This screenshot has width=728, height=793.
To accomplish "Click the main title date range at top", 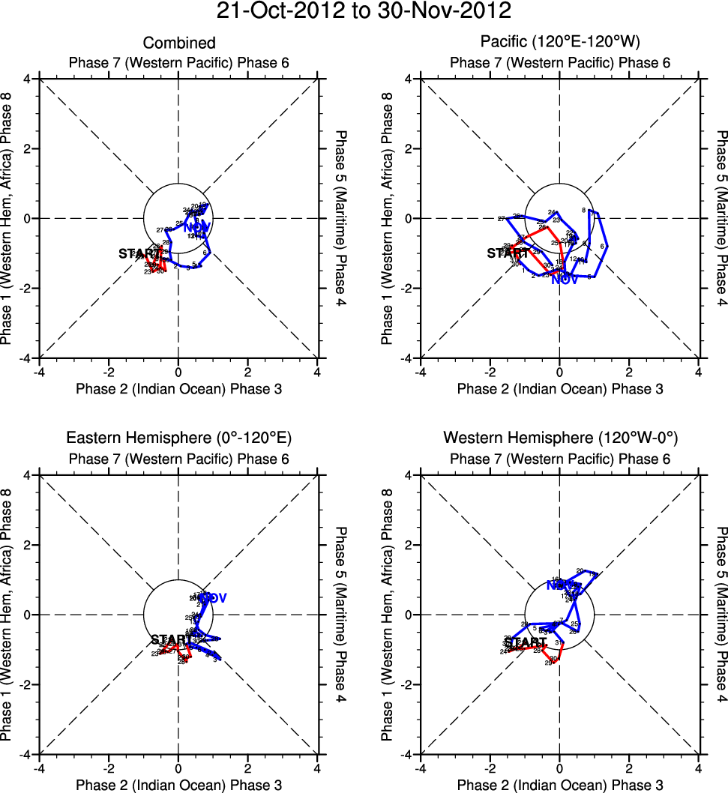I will [x=364, y=12].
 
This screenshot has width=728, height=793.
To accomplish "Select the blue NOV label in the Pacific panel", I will [x=565, y=280].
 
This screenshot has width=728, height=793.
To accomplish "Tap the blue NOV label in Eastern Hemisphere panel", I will [x=213, y=597].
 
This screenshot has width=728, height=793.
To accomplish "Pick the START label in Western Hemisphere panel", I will [x=525, y=642].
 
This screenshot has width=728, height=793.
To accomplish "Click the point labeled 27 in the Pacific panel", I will [x=502, y=219].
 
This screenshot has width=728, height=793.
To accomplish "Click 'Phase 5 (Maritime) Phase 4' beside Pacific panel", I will [x=721, y=218].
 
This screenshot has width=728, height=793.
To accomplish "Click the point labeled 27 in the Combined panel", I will [x=160, y=229].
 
